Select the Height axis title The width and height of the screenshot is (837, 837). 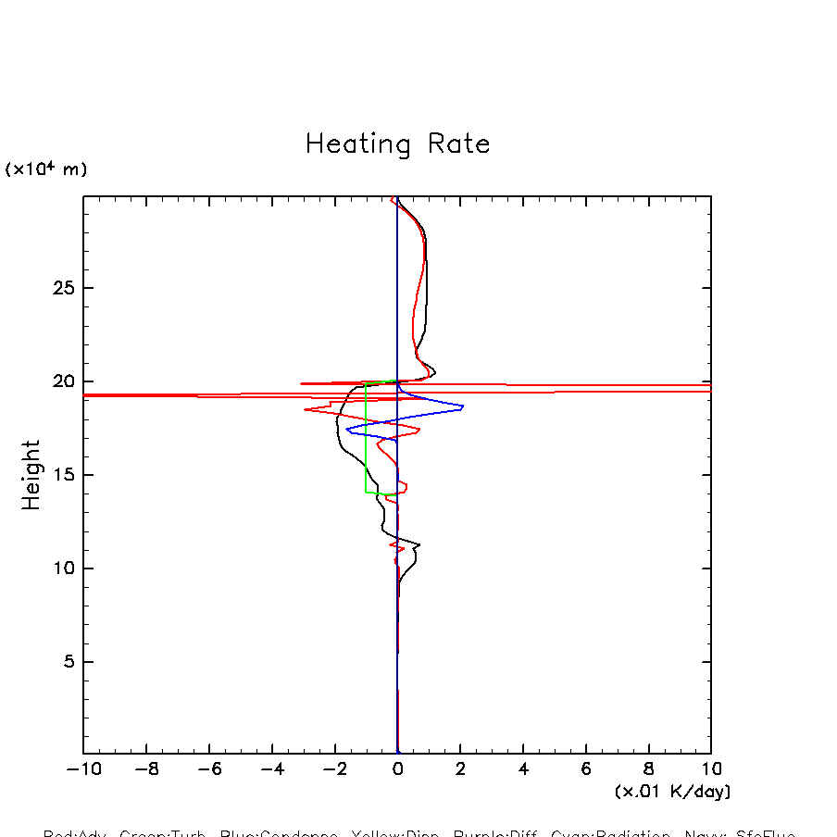[x=31, y=475]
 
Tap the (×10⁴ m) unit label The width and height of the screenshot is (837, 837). [x=46, y=169]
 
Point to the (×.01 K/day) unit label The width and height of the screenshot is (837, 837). [x=672, y=792]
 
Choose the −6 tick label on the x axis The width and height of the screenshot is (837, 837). [x=208, y=769]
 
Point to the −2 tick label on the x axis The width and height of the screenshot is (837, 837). [x=333, y=769]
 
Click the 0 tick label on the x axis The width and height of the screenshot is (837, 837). [x=398, y=769]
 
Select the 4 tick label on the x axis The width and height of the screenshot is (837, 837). [x=523, y=769]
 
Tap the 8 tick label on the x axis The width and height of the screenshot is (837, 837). [x=649, y=769]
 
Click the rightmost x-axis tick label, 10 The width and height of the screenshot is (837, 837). [x=710, y=769]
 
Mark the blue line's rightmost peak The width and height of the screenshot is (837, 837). [x=463, y=406]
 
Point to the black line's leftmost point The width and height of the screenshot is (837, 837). [x=336, y=421]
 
